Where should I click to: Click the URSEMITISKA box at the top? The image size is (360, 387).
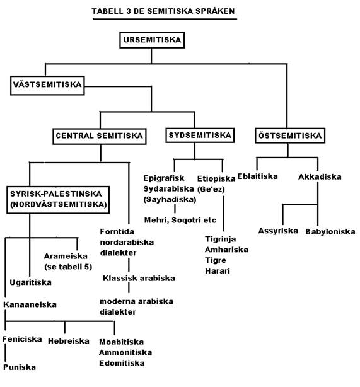152,40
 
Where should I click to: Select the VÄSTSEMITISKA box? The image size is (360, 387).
47,85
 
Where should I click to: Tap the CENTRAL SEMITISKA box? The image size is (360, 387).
100,136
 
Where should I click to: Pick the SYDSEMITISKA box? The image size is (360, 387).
200,136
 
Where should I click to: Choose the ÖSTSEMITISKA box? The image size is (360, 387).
290,136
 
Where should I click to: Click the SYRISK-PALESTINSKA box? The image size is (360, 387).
58,200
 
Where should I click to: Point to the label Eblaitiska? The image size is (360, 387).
257,176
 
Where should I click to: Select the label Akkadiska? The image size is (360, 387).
320,176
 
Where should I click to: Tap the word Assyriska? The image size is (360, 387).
278,231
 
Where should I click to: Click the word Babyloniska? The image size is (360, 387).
330,231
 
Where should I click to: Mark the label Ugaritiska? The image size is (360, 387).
31,282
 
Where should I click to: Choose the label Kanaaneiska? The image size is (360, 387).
30,304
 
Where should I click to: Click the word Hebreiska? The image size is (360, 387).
69,341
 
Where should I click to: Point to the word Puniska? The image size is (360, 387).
20,367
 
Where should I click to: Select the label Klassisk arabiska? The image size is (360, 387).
139,278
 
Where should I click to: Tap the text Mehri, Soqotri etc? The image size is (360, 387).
180,220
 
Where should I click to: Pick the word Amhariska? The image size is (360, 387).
226,250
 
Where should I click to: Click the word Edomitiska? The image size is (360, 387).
122,363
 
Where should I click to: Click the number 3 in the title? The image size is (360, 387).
128,11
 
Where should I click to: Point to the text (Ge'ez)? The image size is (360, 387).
211,189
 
